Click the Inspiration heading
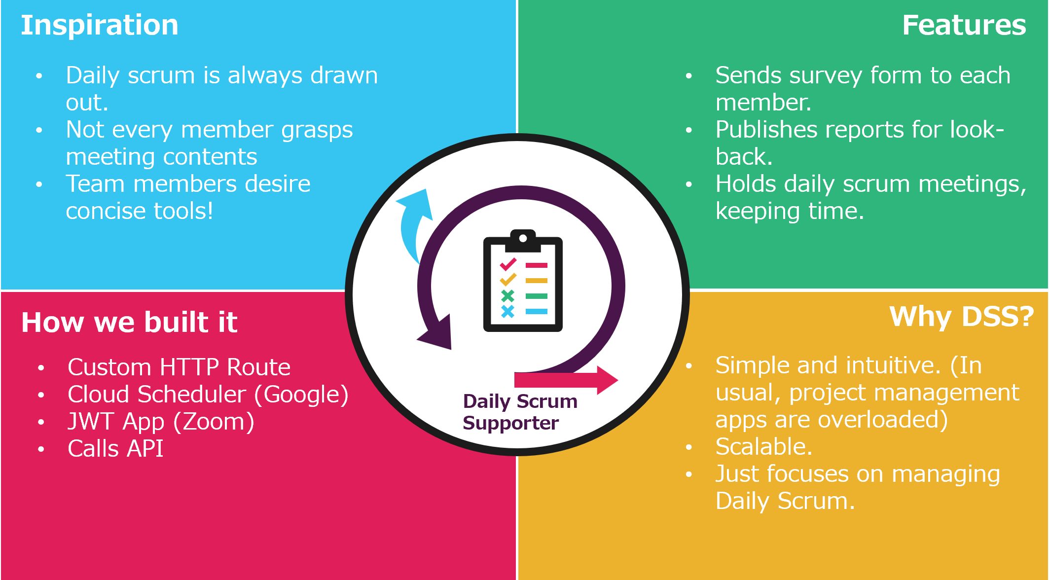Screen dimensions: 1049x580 click(x=99, y=25)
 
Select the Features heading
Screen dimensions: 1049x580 click(x=964, y=25)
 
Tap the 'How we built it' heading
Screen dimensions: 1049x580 click(x=129, y=322)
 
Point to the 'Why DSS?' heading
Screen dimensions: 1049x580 click(x=961, y=316)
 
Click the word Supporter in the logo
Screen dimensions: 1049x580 click(x=510, y=423)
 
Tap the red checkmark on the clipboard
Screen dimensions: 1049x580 click(x=508, y=265)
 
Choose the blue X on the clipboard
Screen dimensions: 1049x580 click(x=507, y=311)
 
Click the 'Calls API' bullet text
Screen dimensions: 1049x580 click(x=115, y=449)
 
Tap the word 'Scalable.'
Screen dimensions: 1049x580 click(x=763, y=447)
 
